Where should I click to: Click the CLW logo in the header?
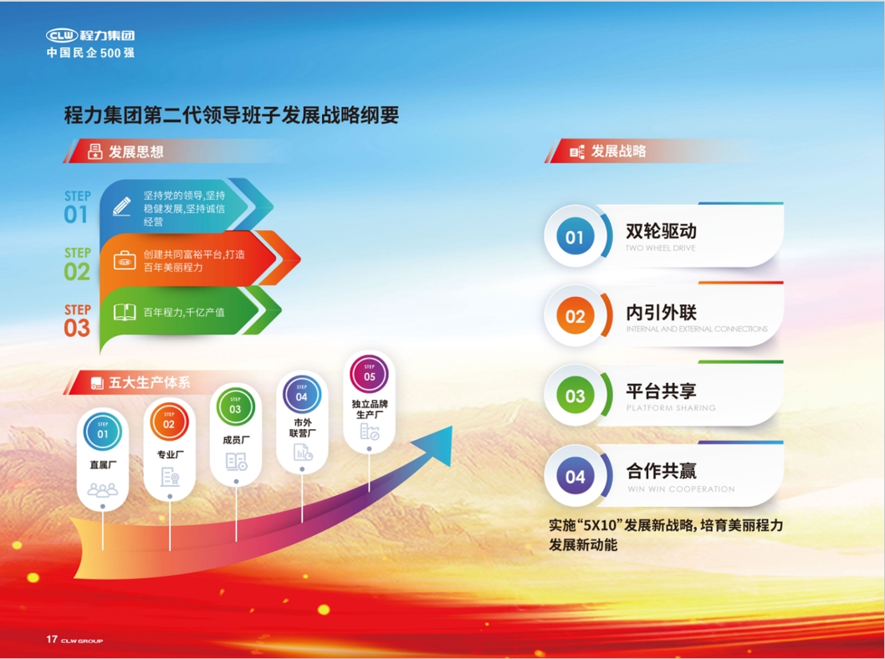62,35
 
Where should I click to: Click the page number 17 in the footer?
52,640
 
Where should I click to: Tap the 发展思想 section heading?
136,152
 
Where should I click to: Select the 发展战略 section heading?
618,151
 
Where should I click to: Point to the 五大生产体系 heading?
150,383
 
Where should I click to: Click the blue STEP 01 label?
76,207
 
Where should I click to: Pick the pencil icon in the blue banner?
122,206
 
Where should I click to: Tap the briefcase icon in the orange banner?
125,259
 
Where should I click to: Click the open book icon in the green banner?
125,312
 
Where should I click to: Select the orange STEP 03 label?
77,321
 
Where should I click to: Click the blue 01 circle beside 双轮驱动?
575,238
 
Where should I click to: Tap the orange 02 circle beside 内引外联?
575,317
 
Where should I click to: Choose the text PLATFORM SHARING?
671,408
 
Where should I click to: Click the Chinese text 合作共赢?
661,471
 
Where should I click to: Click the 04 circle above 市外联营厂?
302,395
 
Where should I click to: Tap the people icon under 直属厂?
103,489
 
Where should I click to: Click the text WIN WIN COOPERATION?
680,489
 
